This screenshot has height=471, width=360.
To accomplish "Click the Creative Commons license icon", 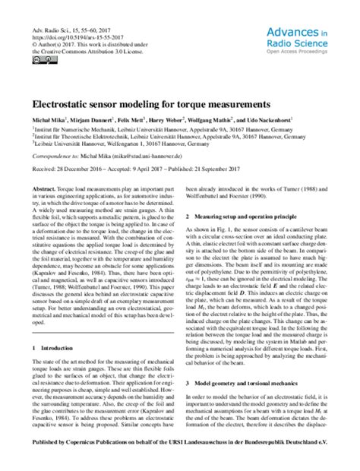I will pos(43,60).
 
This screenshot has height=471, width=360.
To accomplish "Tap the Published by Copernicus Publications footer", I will pos(179,460).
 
